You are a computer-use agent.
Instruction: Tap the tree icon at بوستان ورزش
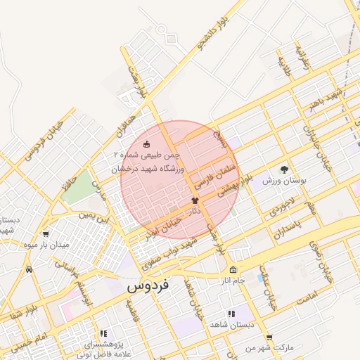tap(284, 169)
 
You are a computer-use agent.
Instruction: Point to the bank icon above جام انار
tap(233, 270)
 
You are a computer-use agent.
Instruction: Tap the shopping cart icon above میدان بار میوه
tap(46, 235)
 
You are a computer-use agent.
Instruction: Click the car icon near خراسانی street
tap(28, 269)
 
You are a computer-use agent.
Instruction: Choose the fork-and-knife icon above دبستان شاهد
tap(230, 314)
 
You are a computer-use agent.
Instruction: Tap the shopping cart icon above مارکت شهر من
tap(269, 337)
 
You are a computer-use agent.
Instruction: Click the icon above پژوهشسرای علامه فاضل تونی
tap(103, 334)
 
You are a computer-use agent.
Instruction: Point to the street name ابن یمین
tap(95, 212)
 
